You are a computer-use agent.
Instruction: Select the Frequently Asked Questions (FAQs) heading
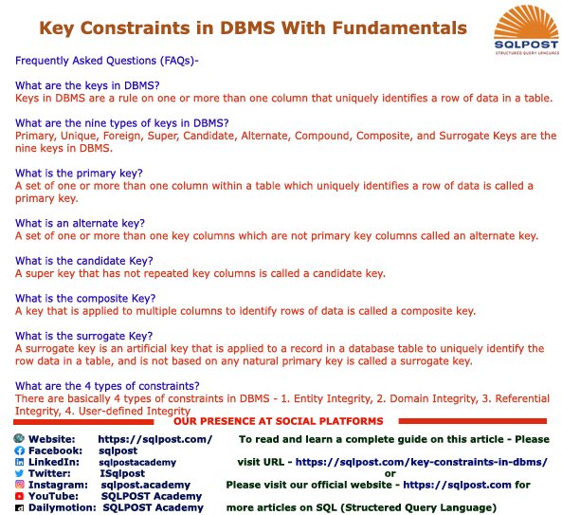coord(106,61)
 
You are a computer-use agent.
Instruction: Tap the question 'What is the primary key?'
coord(80,173)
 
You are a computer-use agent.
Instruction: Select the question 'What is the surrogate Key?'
coord(84,336)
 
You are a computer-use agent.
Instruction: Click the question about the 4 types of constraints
coord(107,385)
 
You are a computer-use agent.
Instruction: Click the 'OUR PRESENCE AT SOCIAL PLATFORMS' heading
coord(278,420)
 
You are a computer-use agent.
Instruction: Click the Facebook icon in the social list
coord(20,451)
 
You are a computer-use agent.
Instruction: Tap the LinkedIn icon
coord(20,462)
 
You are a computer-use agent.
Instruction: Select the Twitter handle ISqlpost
coord(122,472)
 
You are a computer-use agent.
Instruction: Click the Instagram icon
coord(20,485)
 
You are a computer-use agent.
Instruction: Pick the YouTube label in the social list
coord(53,496)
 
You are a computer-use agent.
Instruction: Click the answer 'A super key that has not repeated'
coord(200,273)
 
